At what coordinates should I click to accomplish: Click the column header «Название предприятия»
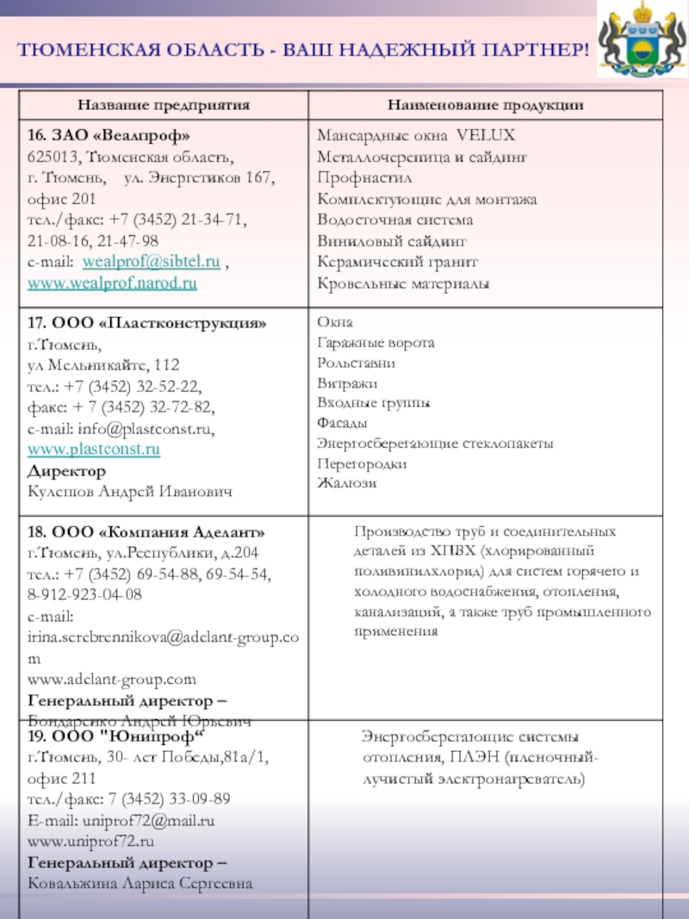pyautogui.click(x=164, y=105)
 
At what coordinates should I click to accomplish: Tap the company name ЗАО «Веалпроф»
pyautogui.click(x=109, y=137)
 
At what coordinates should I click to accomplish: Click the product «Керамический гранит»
pyautogui.click(x=397, y=262)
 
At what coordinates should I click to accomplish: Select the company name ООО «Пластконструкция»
pyautogui.click(x=147, y=324)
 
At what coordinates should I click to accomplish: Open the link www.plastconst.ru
pyautogui.click(x=94, y=450)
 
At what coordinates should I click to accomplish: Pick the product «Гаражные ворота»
pyautogui.click(x=376, y=343)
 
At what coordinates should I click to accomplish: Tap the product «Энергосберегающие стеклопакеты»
pyautogui.click(x=435, y=444)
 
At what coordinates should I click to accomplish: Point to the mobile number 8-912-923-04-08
pyautogui.click(x=85, y=595)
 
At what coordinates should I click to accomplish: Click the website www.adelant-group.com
pyautogui.click(x=112, y=679)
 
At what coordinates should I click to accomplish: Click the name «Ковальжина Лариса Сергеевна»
pyautogui.click(x=140, y=884)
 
